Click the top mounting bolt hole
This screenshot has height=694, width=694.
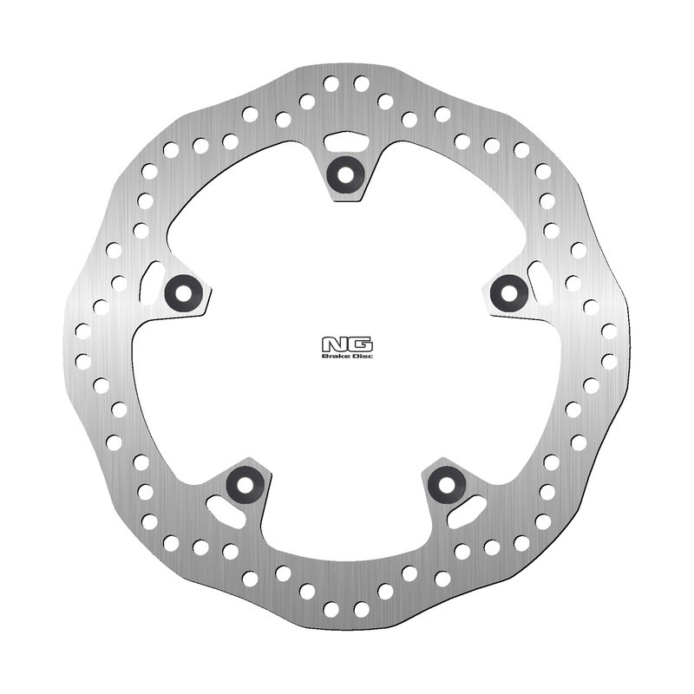346,173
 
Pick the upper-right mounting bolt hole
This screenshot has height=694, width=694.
508,292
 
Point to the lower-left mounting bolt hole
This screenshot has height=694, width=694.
246,482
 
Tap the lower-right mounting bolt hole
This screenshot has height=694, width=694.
447,482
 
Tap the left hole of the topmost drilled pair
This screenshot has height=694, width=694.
331,84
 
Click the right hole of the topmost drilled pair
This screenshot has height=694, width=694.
362,84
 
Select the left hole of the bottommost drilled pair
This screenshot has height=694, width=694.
331,610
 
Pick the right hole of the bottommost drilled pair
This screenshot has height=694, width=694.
362,610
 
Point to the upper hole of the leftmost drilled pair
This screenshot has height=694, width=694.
83,331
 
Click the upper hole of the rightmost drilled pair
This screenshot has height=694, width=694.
609,331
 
